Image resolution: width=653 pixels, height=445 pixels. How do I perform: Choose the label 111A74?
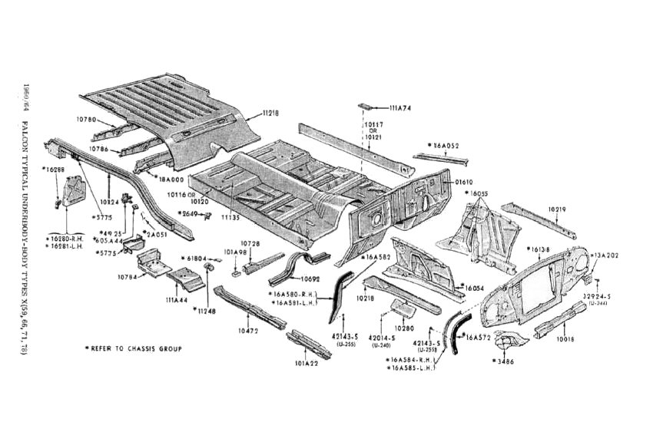tap(399, 108)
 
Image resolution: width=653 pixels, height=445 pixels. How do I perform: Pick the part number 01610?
tap(464, 182)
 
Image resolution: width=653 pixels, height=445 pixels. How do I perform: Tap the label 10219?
tap(559, 208)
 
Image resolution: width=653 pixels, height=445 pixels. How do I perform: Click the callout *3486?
tap(504, 359)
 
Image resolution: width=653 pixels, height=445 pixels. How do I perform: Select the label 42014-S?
tap(380, 338)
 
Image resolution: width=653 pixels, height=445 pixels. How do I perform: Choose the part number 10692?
tap(310, 279)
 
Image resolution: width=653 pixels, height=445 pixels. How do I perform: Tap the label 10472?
tap(248, 331)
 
